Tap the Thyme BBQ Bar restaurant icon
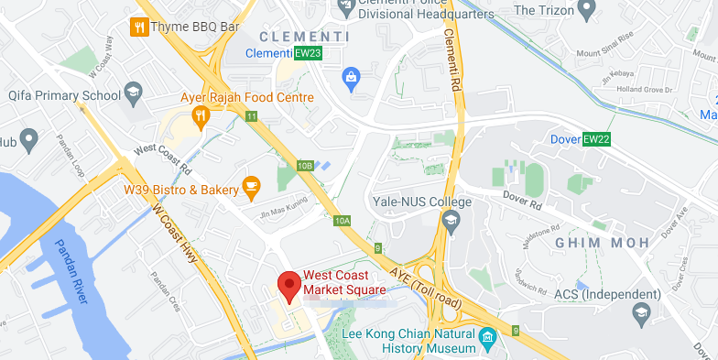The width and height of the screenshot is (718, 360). pyautogui.click(x=139, y=27)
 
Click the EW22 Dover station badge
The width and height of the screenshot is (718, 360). pyautogui.click(x=596, y=138)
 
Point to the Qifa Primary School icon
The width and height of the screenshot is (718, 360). pyautogui.click(x=134, y=94)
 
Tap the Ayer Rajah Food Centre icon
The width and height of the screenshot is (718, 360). pyautogui.click(x=201, y=115)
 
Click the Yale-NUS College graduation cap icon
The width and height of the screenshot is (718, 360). pyautogui.click(x=450, y=220)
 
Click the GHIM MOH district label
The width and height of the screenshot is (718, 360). pyautogui.click(x=602, y=242)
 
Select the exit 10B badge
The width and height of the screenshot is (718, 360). pyautogui.click(x=305, y=166)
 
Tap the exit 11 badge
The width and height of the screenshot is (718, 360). pyautogui.click(x=251, y=115)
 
